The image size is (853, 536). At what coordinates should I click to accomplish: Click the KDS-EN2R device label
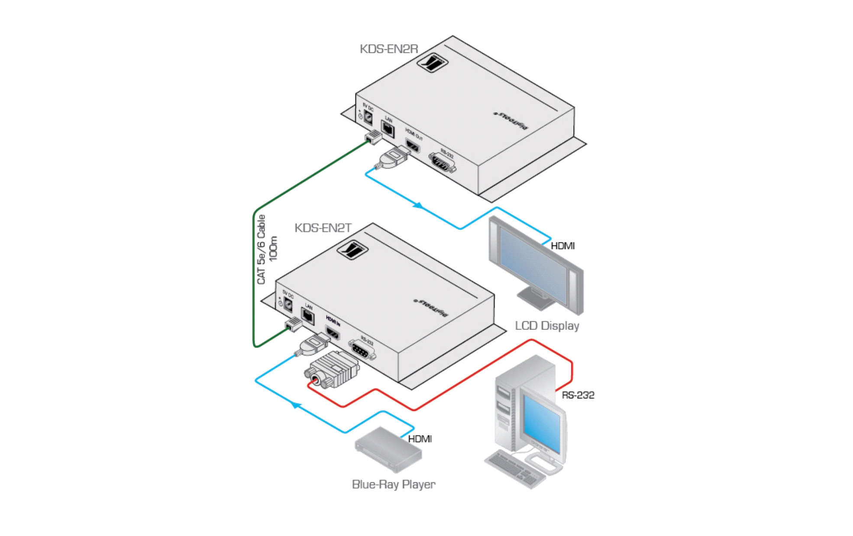[388, 49]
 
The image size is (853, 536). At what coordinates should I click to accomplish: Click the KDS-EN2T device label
[323, 228]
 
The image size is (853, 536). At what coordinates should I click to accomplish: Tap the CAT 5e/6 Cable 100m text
[267, 250]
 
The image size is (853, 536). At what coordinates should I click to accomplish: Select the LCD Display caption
[547, 326]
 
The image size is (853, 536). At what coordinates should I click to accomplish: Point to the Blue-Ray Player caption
[393, 484]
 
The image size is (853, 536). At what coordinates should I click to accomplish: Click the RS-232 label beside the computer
[578, 395]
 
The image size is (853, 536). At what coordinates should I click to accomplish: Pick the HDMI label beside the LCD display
[562, 246]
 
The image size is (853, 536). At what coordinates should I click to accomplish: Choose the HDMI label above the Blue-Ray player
[420, 439]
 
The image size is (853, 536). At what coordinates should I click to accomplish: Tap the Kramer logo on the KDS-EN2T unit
[352, 250]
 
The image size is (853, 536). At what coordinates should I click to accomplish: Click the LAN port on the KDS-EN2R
[388, 129]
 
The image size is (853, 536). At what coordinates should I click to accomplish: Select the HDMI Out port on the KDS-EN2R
[412, 146]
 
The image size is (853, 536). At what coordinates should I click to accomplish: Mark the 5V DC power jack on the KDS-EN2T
[288, 306]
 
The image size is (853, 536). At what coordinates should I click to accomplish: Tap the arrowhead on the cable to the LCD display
[418, 205]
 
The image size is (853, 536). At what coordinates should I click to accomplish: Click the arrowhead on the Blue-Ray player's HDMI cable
[295, 405]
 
